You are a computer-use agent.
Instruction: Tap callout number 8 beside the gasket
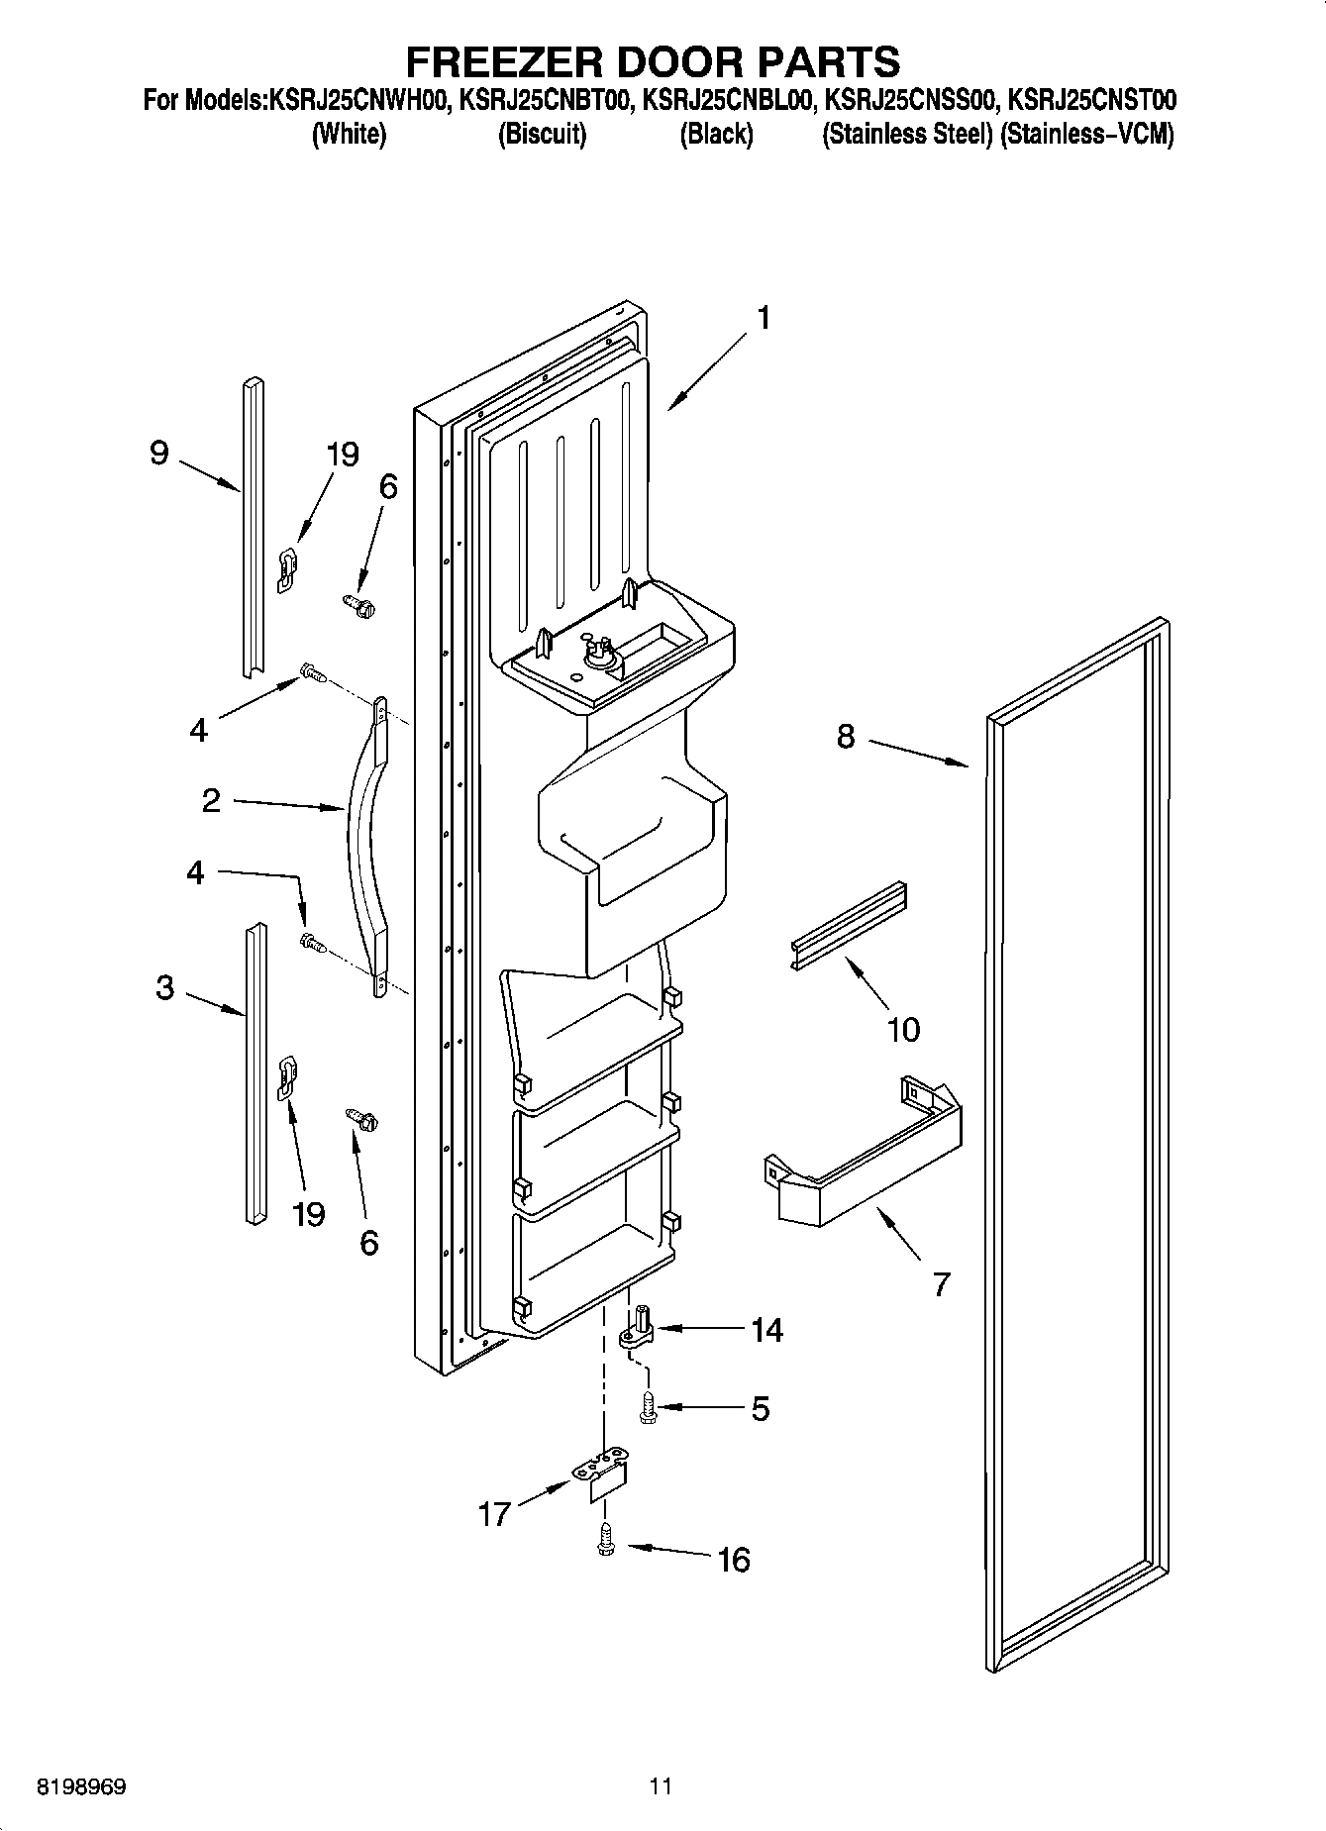[x=845, y=737]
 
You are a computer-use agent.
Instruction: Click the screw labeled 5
[x=648, y=1407]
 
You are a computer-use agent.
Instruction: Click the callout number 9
[x=158, y=453]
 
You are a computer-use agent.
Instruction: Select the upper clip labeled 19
[x=286, y=570]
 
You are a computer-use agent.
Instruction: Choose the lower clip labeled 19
[x=286, y=1077]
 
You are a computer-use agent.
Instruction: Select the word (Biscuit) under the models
[x=542, y=134]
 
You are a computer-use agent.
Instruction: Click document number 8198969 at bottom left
[x=80, y=1786]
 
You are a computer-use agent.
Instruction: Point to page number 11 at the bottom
[x=662, y=1786]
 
